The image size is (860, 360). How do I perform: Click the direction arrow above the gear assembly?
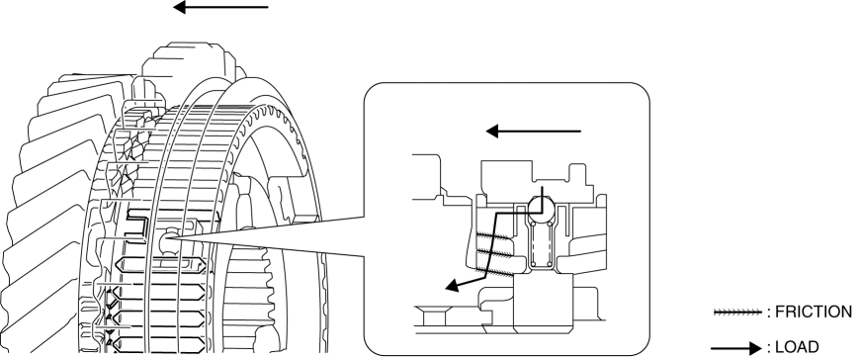point(220,8)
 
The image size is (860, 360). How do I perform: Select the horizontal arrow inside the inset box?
point(533,132)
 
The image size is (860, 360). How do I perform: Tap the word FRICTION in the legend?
point(814,312)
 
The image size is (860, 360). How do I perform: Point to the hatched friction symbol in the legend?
point(737,313)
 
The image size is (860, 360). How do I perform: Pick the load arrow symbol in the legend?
point(736,348)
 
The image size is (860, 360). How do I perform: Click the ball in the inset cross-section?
point(542,207)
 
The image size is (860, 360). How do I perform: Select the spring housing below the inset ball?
point(542,242)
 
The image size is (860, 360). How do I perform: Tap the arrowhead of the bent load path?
point(452,286)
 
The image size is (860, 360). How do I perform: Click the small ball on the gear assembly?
point(168,241)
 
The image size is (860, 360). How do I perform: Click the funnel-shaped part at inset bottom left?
point(434,316)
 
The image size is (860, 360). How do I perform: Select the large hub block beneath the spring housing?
point(543,301)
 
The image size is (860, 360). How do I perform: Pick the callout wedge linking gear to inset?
point(270,236)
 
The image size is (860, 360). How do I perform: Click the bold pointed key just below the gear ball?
point(162,266)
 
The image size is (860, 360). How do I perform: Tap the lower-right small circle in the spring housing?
point(550,264)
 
